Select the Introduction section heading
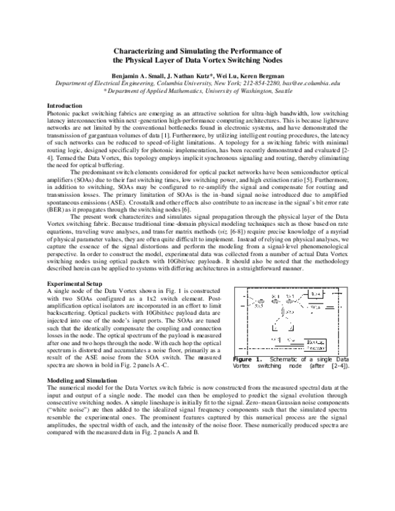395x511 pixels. (x=65, y=105)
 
